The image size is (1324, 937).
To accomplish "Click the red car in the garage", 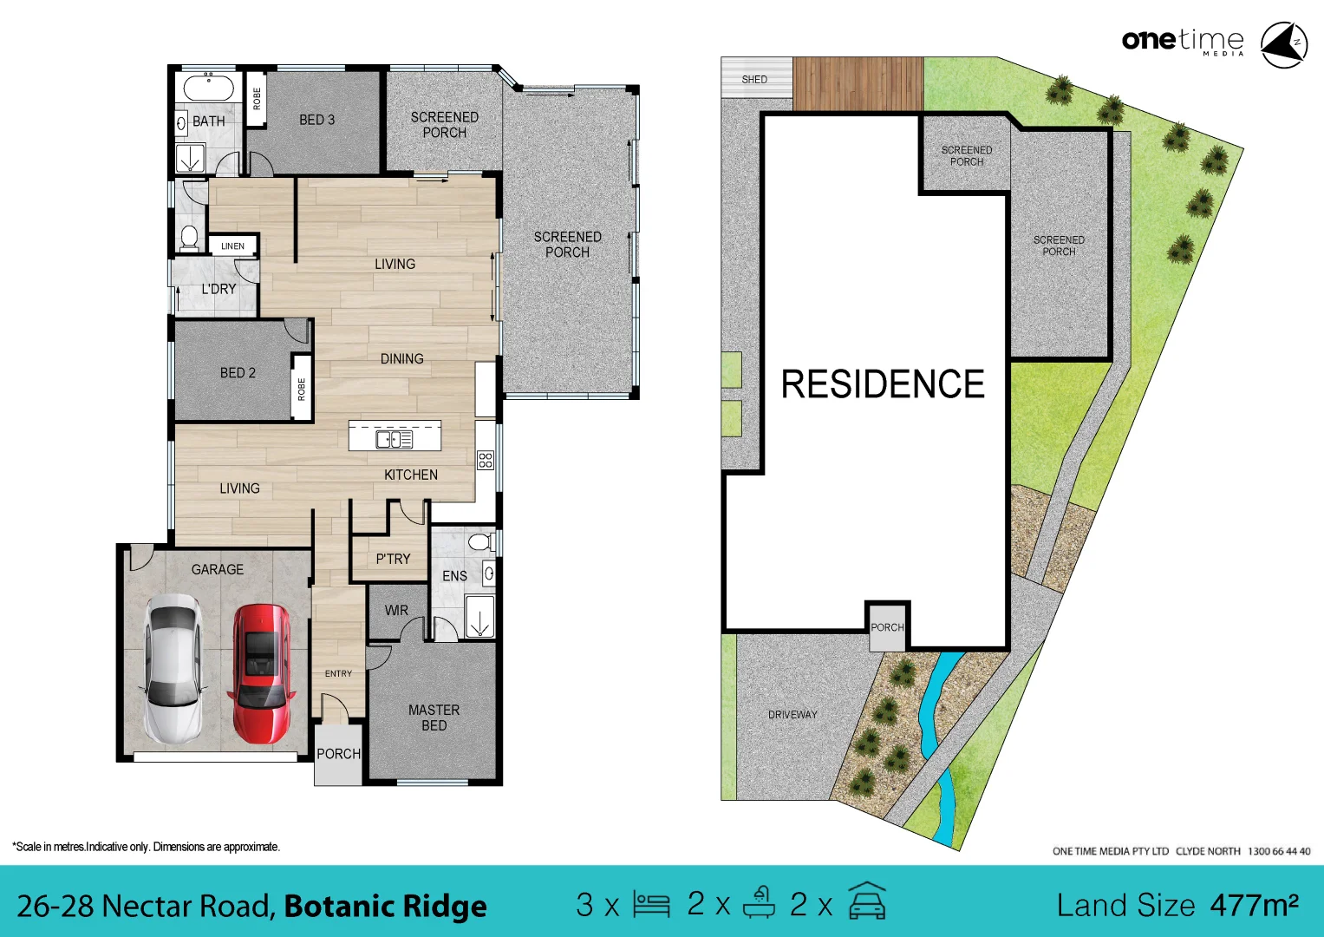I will click(x=260, y=674).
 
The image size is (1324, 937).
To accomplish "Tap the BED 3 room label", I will click(x=316, y=120).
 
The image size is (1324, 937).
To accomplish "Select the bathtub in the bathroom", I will click(x=208, y=88).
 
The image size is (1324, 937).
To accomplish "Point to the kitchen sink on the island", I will click(x=394, y=439).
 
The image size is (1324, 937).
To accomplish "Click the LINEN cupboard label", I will click(x=232, y=246).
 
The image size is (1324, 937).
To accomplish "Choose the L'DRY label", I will click(x=218, y=289).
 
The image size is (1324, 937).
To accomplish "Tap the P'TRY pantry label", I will click(x=393, y=559).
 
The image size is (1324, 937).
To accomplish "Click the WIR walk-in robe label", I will click(x=396, y=610).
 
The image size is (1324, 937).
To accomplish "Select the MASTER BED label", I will click(x=434, y=717).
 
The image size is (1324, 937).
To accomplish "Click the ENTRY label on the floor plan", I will click(x=338, y=673).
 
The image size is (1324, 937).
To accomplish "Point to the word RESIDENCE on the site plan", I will click(x=883, y=384).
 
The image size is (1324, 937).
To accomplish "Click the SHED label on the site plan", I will click(x=754, y=79).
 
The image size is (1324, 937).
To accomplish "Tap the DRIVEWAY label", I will click(x=792, y=714).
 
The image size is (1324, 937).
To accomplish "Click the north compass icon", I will click(x=1283, y=44).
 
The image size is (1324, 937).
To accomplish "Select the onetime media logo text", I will click(x=1183, y=41).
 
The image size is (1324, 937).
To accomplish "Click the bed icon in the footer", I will click(x=651, y=905).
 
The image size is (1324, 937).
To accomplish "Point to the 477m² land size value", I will click(x=1254, y=905).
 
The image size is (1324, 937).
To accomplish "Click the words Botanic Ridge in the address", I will click(x=385, y=907).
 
